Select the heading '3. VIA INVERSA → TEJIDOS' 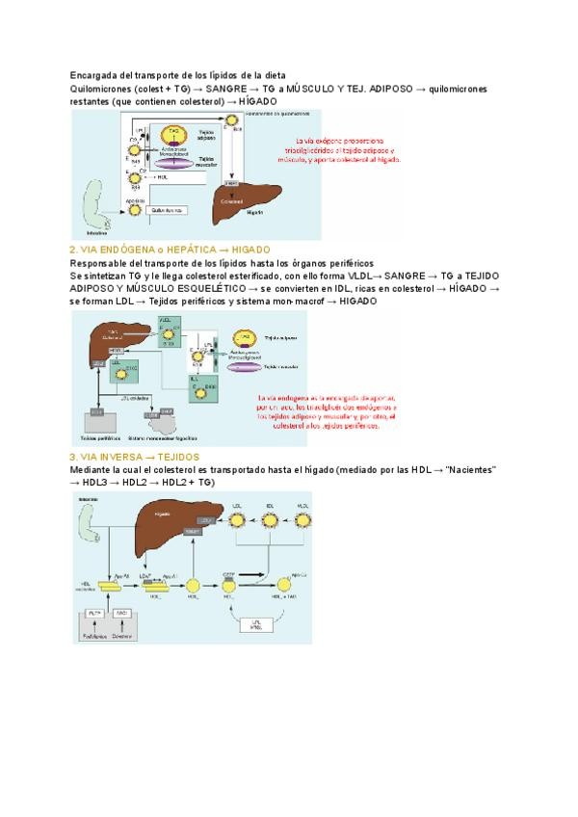click(x=135, y=456)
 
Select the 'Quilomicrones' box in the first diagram click(x=168, y=208)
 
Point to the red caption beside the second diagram click(x=328, y=417)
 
